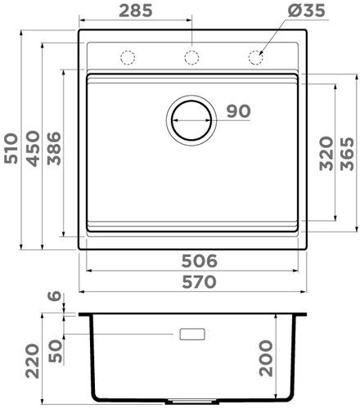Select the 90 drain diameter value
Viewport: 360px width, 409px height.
236,112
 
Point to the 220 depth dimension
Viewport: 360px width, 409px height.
33,361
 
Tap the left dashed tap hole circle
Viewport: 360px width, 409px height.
128,56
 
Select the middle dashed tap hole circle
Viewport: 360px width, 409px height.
191,56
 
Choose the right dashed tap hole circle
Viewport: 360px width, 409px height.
254,56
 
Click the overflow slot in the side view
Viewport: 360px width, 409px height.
191,334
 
